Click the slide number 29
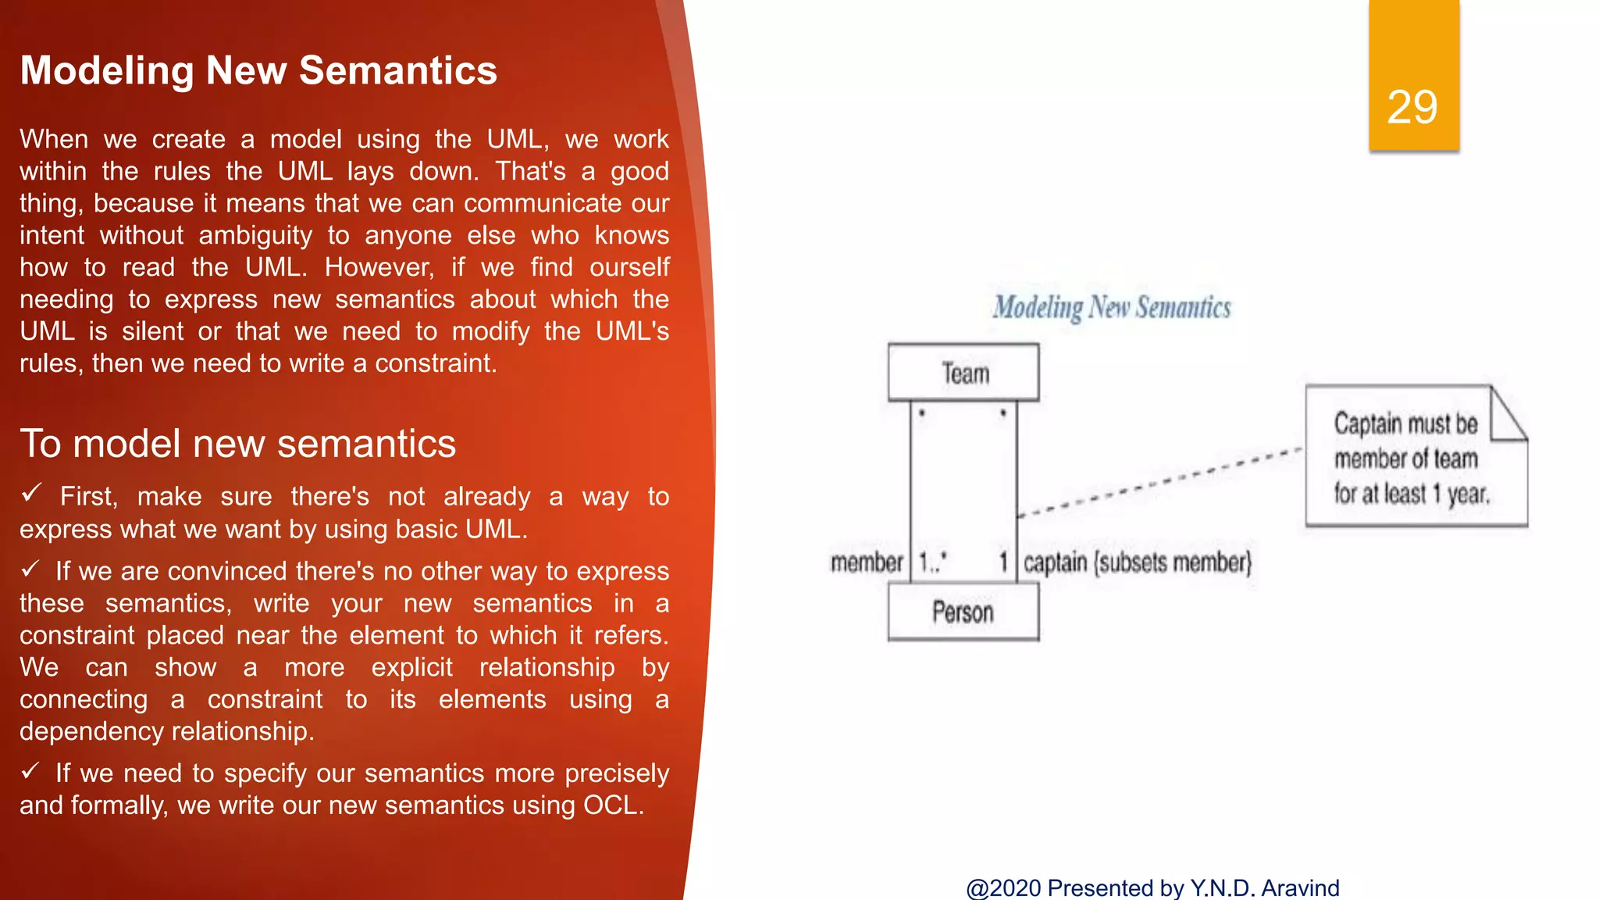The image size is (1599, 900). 1412,107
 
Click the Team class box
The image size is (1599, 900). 963,373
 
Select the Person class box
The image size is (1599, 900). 963,612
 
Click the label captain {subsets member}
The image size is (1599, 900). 1137,562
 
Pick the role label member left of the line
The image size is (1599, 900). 867,562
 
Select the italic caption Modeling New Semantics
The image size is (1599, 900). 1111,308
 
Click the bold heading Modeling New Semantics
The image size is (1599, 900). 258,70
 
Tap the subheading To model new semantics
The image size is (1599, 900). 237,444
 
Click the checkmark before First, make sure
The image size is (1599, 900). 31,493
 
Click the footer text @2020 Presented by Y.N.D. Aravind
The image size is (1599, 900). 1152,887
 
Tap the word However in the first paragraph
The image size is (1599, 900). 379,267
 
